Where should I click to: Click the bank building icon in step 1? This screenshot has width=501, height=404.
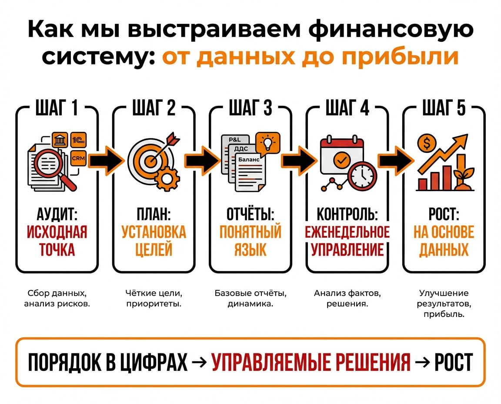60,141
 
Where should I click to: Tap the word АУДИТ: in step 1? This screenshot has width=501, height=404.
57,215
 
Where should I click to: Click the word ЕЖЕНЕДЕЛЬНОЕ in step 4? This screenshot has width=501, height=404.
347,232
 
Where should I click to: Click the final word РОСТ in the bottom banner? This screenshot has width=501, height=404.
453,362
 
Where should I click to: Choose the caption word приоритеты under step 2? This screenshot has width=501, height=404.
154,303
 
